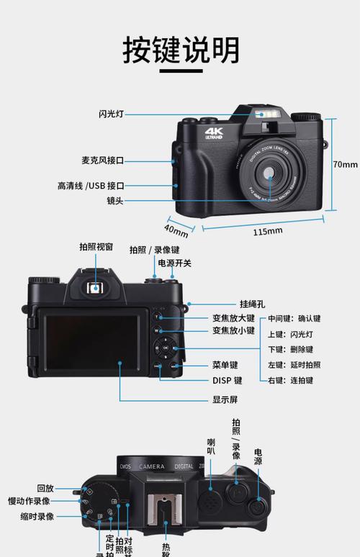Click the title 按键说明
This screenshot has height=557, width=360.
tap(180, 50)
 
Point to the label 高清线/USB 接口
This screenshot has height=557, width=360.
tap(91, 186)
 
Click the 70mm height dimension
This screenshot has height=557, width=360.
tap(345, 164)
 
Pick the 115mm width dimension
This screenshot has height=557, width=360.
tap(268, 231)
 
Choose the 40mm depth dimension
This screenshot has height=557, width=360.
tap(176, 230)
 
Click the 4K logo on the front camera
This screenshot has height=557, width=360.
tap(215, 134)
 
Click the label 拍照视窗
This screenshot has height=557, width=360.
tap(96, 247)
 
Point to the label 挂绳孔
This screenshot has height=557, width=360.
tap(253, 304)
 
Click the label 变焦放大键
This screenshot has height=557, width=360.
tap(233, 318)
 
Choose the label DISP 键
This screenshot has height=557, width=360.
tap(227, 381)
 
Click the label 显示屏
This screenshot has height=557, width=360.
tap(225, 400)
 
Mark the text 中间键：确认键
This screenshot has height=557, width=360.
tap(294, 319)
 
